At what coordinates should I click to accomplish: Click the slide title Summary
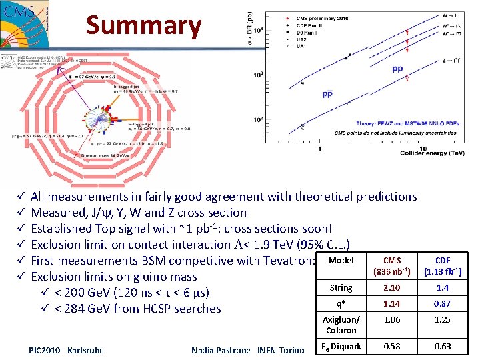click(x=143, y=25)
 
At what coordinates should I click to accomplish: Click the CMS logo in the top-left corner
click(x=25, y=24)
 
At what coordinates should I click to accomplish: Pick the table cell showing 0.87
click(x=442, y=303)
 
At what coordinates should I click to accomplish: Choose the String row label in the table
click(x=341, y=288)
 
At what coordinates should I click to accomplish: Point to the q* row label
click(x=341, y=303)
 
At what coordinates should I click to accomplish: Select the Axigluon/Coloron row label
click(x=341, y=325)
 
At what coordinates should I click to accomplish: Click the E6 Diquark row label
click(x=341, y=346)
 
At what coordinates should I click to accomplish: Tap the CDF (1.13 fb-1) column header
click(x=442, y=266)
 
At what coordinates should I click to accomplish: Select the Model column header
click(x=341, y=261)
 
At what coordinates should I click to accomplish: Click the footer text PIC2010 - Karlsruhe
click(x=66, y=350)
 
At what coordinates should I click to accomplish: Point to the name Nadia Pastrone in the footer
click(x=220, y=350)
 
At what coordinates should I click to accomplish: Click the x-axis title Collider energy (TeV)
click(x=432, y=153)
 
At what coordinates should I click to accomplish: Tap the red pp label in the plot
click(x=397, y=69)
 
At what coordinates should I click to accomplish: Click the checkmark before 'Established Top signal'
click(x=21, y=229)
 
